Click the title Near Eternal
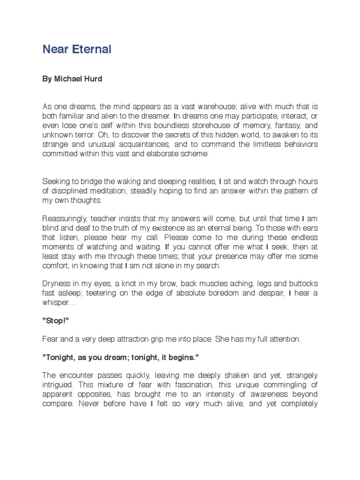pyautogui.click(x=77, y=49)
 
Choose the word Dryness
pyautogui.click(x=56, y=285)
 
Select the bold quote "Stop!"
pyautogui.click(x=54, y=321)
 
